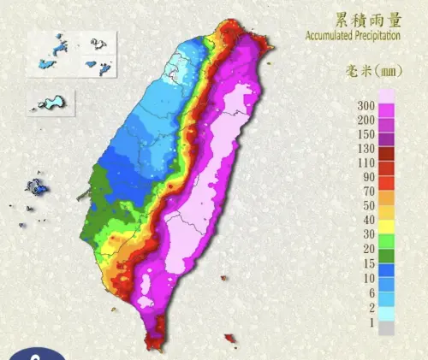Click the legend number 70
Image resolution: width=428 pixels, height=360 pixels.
366,192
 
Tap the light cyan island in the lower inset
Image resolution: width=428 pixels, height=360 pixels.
51,103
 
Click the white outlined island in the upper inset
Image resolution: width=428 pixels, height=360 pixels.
95,45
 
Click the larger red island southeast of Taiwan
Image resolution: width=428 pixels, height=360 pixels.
228,339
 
